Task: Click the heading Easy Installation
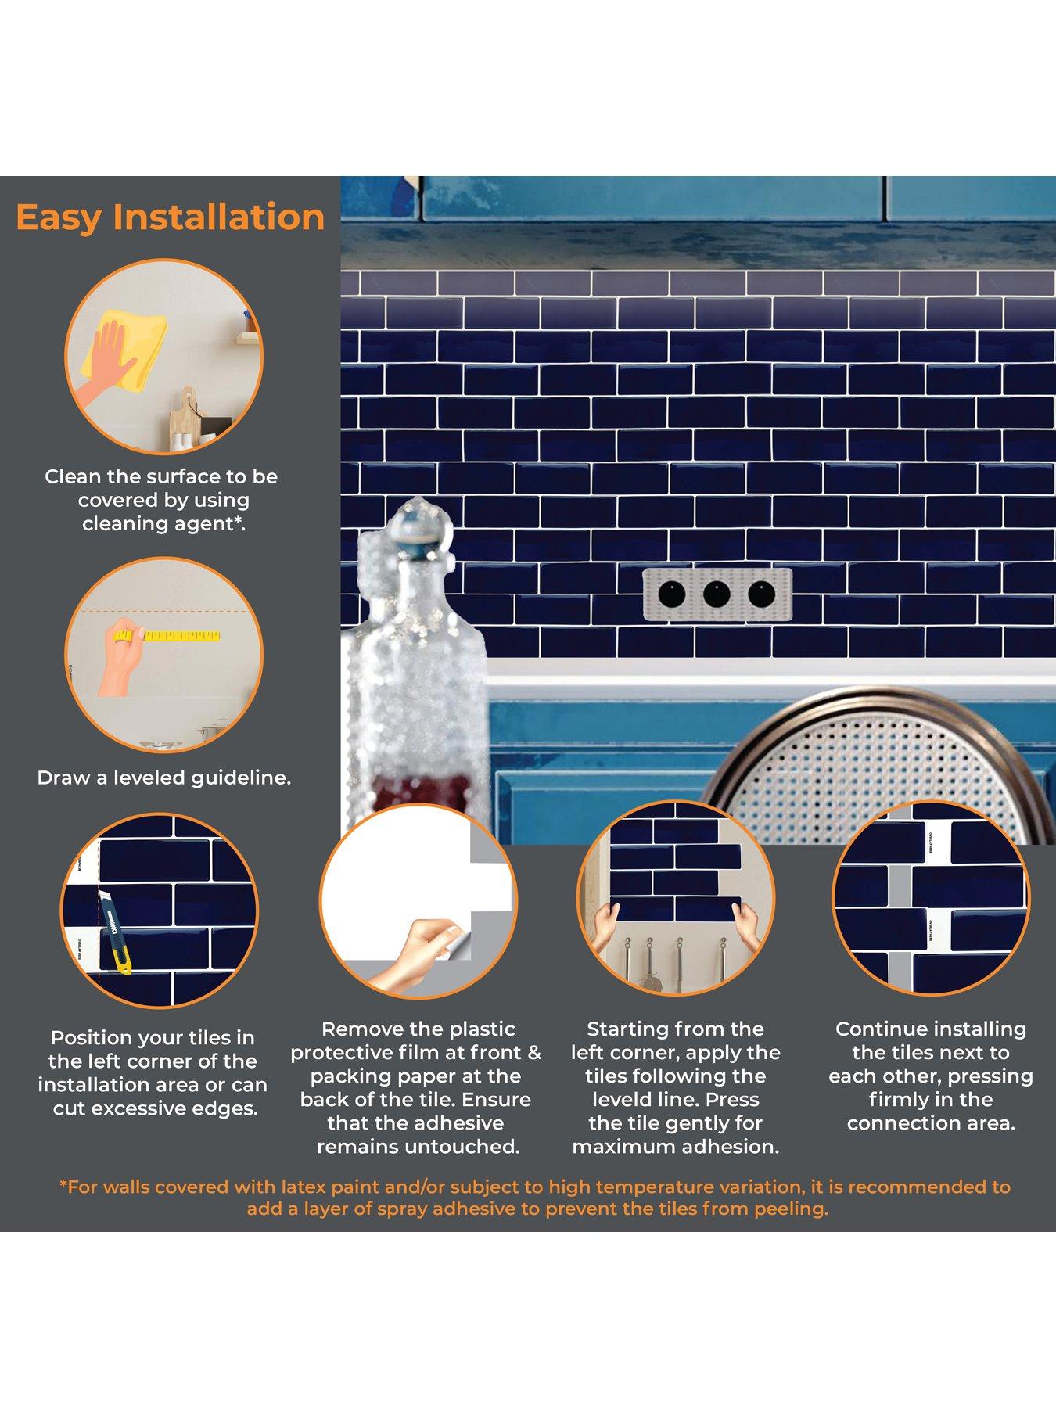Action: (x=170, y=217)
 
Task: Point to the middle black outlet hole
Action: (x=717, y=594)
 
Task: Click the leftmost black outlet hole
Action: (x=672, y=594)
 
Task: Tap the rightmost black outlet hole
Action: (x=761, y=594)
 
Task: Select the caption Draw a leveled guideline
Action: (x=164, y=778)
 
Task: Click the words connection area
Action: (x=931, y=1123)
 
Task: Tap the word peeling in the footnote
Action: (x=790, y=1209)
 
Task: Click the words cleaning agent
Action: (x=163, y=524)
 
